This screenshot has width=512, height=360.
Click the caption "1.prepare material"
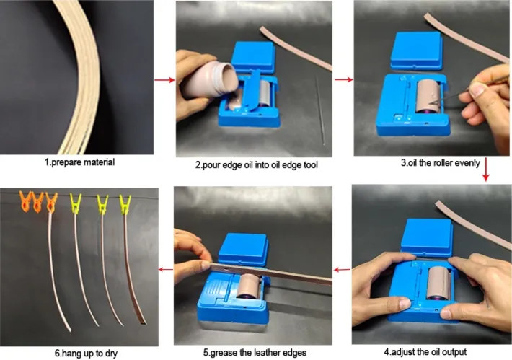click(x=79, y=162)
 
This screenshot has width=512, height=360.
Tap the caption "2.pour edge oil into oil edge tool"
click(x=256, y=164)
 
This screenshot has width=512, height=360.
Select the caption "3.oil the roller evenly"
click(x=441, y=163)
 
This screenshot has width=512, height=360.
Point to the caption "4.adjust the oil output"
click(x=425, y=352)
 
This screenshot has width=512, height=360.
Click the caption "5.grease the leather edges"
click(x=255, y=353)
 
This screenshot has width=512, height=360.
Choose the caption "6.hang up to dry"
click(x=86, y=353)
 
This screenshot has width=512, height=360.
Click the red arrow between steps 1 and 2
click(x=164, y=79)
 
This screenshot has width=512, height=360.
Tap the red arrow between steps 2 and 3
click(x=343, y=79)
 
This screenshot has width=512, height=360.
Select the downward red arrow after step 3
click(x=486, y=170)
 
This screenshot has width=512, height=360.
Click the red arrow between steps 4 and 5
click(x=343, y=270)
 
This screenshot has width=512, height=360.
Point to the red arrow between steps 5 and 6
click(x=166, y=270)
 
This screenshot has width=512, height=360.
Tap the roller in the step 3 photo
click(x=429, y=96)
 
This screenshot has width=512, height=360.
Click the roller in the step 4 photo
click(x=439, y=283)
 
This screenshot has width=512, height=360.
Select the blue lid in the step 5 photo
click(x=244, y=250)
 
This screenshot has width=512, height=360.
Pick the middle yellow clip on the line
click(x=102, y=204)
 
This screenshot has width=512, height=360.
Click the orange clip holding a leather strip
click(x=51, y=202)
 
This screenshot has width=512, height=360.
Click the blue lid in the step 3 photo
click(x=417, y=51)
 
